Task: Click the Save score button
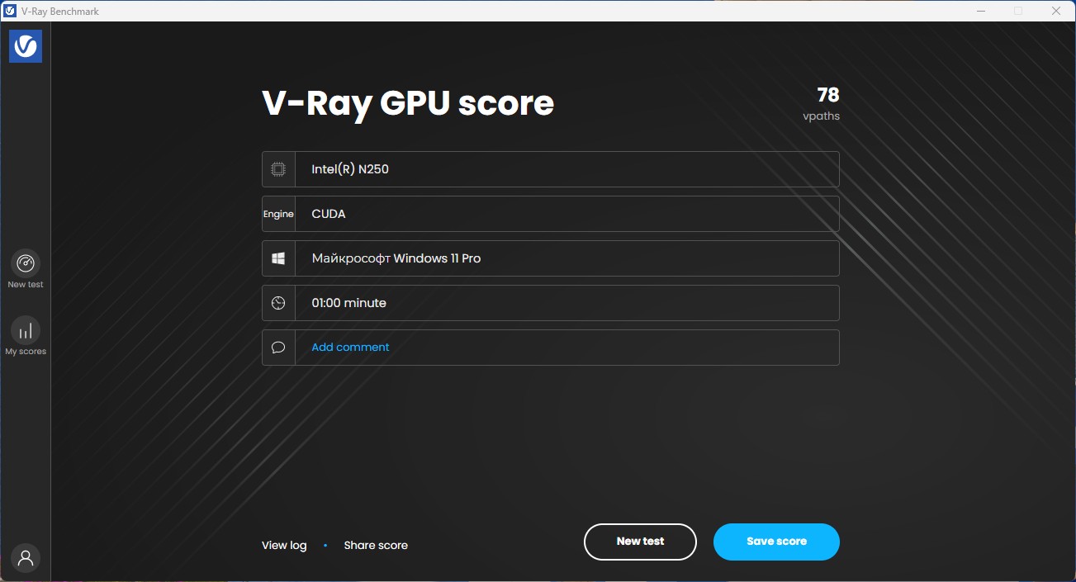[x=776, y=542]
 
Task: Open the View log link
[x=284, y=546]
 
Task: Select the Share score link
[x=376, y=545]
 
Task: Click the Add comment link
[x=350, y=348]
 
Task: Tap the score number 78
[x=828, y=95]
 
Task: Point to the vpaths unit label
[x=822, y=116]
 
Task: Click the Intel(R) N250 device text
[x=350, y=169]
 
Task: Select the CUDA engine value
[x=329, y=214]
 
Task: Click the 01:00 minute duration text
[x=348, y=303]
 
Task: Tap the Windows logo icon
[x=278, y=258]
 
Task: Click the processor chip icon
[x=278, y=169]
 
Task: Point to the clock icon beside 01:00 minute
[x=278, y=303]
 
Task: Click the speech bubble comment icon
[x=278, y=348]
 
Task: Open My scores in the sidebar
[x=26, y=336]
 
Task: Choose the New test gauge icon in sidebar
[x=26, y=263]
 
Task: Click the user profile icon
[x=26, y=558]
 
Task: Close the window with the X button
[x=1056, y=11]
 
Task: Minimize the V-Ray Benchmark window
[x=981, y=11]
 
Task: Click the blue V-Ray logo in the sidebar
[x=26, y=46]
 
